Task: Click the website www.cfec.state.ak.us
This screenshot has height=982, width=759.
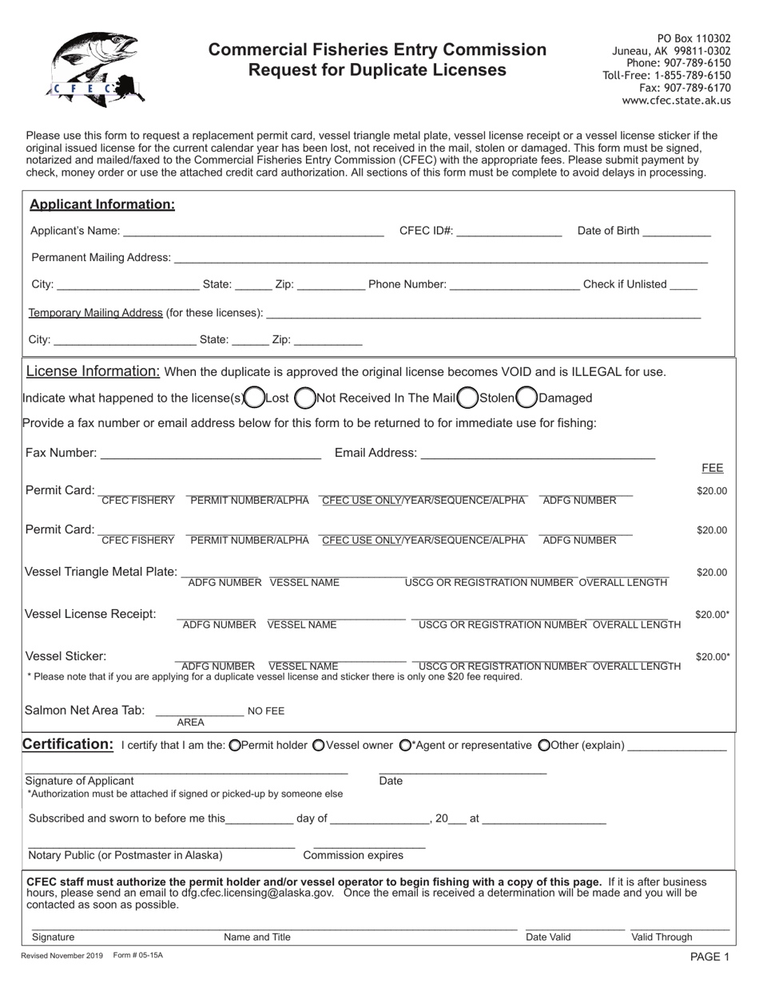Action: pyautogui.click(x=676, y=101)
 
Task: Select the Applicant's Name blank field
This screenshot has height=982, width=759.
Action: pyautogui.click(x=253, y=232)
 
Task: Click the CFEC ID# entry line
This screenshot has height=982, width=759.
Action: pyautogui.click(x=509, y=232)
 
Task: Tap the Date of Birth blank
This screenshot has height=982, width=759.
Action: pyautogui.click(x=676, y=232)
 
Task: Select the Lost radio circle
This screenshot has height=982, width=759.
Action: pyautogui.click(x=254, y=397)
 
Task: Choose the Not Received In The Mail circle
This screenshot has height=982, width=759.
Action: pyautogui.click(x=304, y=397)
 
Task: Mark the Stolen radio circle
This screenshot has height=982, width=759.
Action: pyautogui.click(x=467, y=397)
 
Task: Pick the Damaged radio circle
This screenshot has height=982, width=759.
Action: pyautogui.click(x=527, y=397)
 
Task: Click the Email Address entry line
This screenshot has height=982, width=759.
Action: pyautogui.click(x=537, y=453)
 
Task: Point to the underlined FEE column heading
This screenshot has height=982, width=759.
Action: pyautogui.click(x=712, y=468)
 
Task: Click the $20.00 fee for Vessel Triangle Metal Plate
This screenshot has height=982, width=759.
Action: pyautogui.click(x=711, y=572)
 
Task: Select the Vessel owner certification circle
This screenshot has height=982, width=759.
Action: pyautogui.click(x=318, y=746)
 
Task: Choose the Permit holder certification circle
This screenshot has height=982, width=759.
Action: pyautogui.click(x=234, y=746)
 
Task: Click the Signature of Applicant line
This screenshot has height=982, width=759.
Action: pyautogui.click(x=186, y=769)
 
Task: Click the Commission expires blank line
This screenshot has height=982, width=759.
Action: pyautogui.click(x=369, y=844)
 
